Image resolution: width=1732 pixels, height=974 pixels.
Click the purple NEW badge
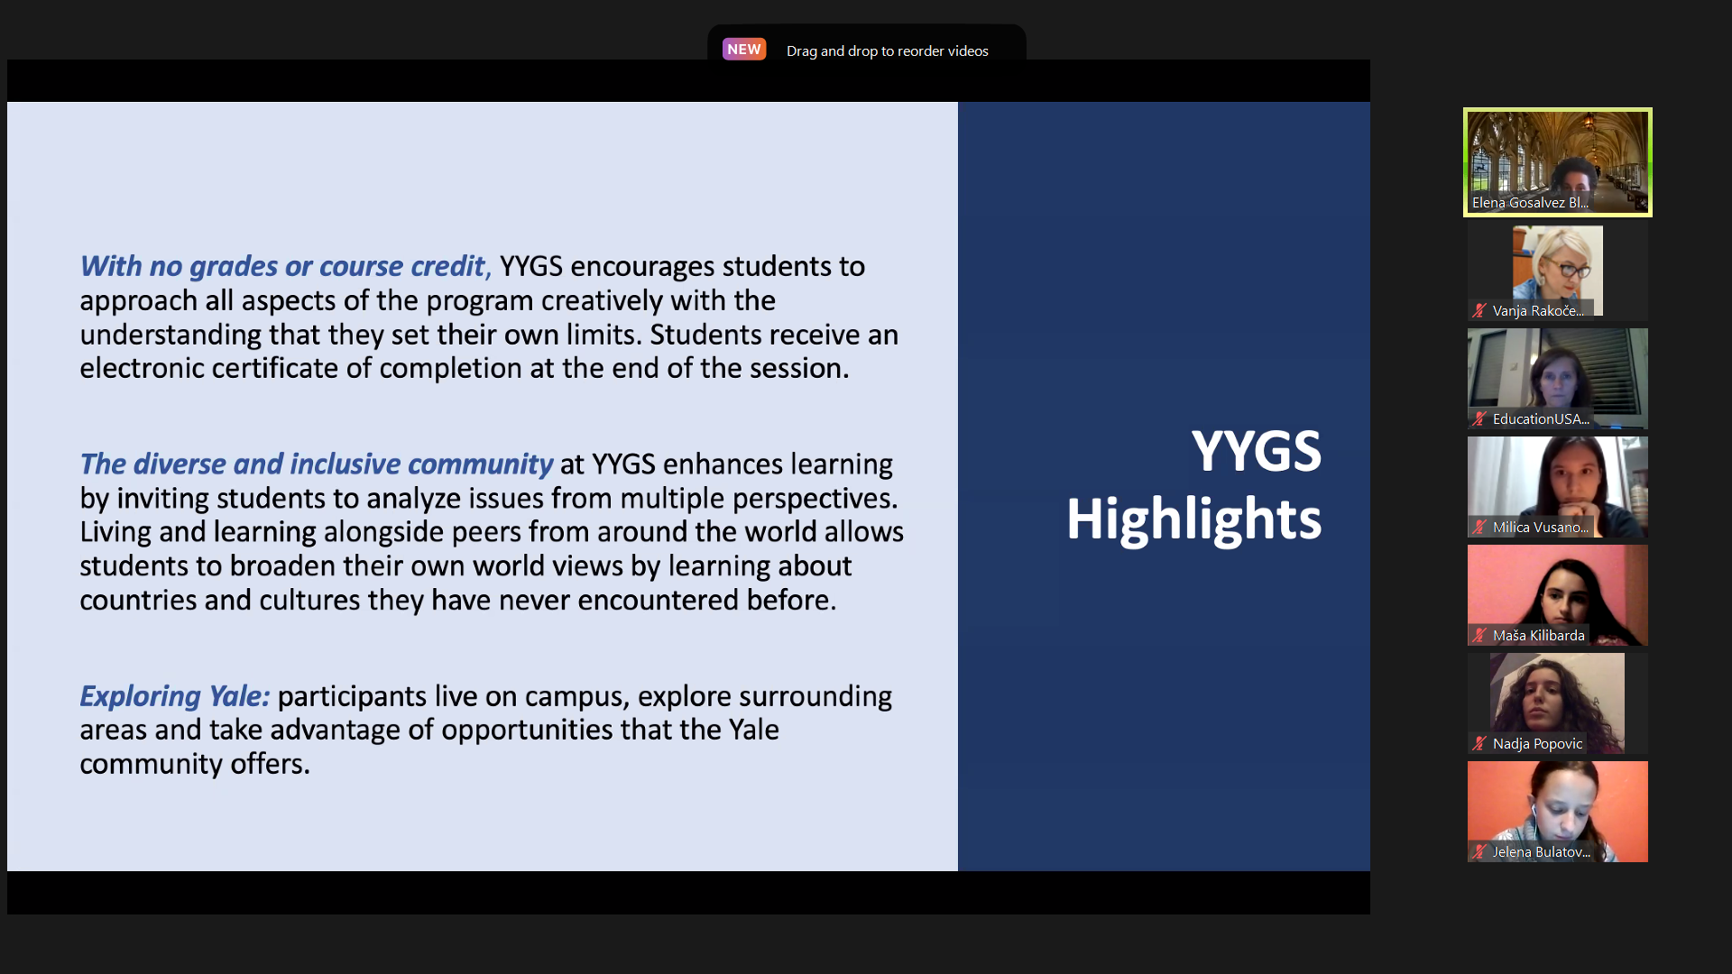744,50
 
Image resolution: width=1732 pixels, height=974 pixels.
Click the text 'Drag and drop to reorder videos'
888,51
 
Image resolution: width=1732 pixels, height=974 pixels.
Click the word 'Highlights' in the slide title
1193,520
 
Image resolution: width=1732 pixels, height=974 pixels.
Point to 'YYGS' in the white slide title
1256,451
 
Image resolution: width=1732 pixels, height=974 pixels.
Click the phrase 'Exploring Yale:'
175,696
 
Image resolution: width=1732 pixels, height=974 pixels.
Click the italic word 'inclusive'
345,464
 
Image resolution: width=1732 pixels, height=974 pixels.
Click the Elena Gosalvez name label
1530,203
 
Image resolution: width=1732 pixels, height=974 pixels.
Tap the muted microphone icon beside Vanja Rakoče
1479,311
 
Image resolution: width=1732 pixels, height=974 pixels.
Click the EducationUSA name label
1541,419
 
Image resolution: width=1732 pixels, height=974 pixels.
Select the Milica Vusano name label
1541,528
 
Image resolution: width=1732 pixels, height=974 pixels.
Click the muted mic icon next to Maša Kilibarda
1479,636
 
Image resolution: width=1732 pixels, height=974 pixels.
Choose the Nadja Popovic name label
1537,744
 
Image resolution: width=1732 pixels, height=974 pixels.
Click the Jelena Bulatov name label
1541,852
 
